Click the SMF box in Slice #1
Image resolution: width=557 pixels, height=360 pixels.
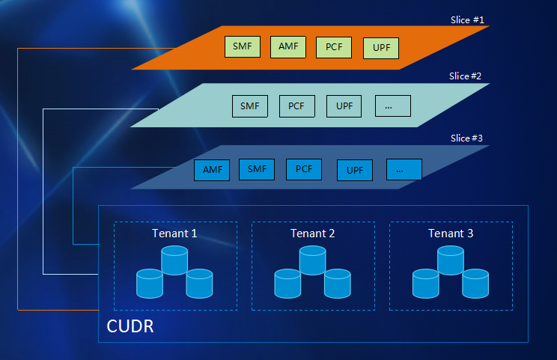[x=243, y=46]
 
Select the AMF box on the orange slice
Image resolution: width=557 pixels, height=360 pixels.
[x=288, y=47]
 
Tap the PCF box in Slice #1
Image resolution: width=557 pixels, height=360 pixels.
[x=334, y=47]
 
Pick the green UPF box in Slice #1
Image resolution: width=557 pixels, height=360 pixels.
[x=381, y=48]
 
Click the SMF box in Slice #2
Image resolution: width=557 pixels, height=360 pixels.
[x=250, y=106]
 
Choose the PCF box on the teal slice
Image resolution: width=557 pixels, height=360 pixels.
[x=297, y=106]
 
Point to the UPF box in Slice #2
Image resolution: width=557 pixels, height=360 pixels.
[x=344, y=106]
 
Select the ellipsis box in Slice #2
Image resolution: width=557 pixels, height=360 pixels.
[x=393, y=106]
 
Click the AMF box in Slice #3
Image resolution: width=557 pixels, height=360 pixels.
[x=212, y=170]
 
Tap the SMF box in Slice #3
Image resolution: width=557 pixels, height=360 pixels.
[x=257, y=169]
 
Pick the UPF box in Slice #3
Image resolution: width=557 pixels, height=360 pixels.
[x=355, y=171]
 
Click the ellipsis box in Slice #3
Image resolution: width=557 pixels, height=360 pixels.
[x=404, y=169]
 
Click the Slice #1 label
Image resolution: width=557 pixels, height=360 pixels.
[x=467, y=20]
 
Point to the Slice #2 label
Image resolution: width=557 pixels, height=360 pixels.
[x=465, y=76]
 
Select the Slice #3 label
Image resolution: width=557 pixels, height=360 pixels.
[x=466, y=138]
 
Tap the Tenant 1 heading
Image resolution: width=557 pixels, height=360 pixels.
[x=174, y=234]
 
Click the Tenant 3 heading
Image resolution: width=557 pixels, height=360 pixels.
[x=451, y=234]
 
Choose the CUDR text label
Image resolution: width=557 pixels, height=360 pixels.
[x=130, y=326]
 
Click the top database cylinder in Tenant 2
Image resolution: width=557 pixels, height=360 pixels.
[x=313, y=260]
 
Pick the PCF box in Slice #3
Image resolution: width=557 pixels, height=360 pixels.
[x=304, y=169]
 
